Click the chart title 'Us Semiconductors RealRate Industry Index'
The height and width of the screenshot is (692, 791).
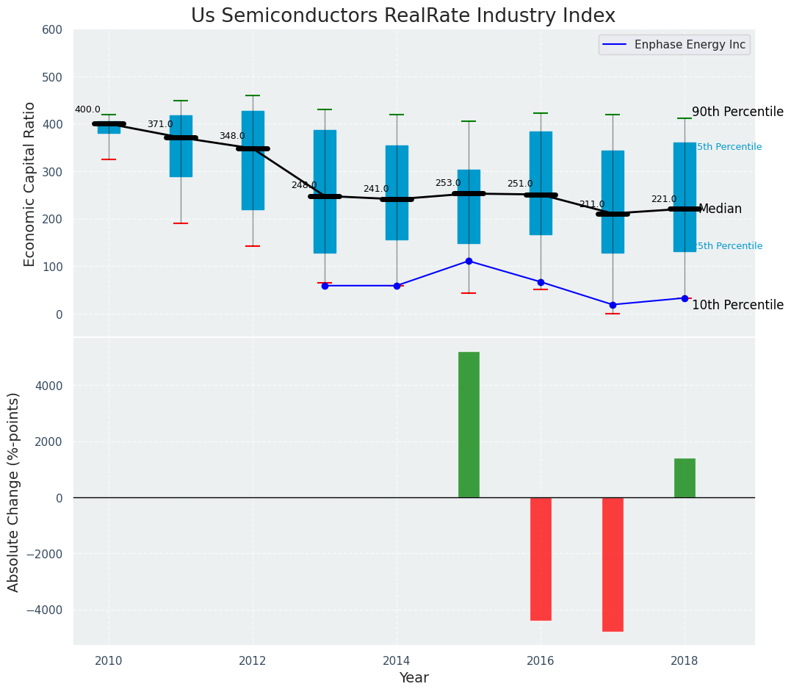click(403, 15)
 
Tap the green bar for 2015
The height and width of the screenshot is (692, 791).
click(469, 425)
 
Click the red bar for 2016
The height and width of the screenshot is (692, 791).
click(541, 558)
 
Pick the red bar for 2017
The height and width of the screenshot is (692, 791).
click(613, 564)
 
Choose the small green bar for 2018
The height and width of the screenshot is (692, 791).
click(685, 477)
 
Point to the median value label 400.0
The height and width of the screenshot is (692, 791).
click(87, 109)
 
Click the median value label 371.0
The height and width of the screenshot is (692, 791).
click(160, 124)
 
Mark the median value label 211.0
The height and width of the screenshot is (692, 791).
click(592, 204)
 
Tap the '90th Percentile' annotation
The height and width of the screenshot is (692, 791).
click(737, 112)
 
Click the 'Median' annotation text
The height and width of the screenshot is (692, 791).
click(720, 209)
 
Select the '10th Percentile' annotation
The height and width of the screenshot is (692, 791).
click(737, 305)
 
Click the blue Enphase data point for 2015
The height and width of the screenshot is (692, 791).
click(469, 261)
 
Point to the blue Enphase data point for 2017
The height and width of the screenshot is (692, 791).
click(613, 305)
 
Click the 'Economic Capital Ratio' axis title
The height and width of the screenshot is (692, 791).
click(30, 184)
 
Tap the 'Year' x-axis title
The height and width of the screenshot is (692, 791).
click(413, 678)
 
